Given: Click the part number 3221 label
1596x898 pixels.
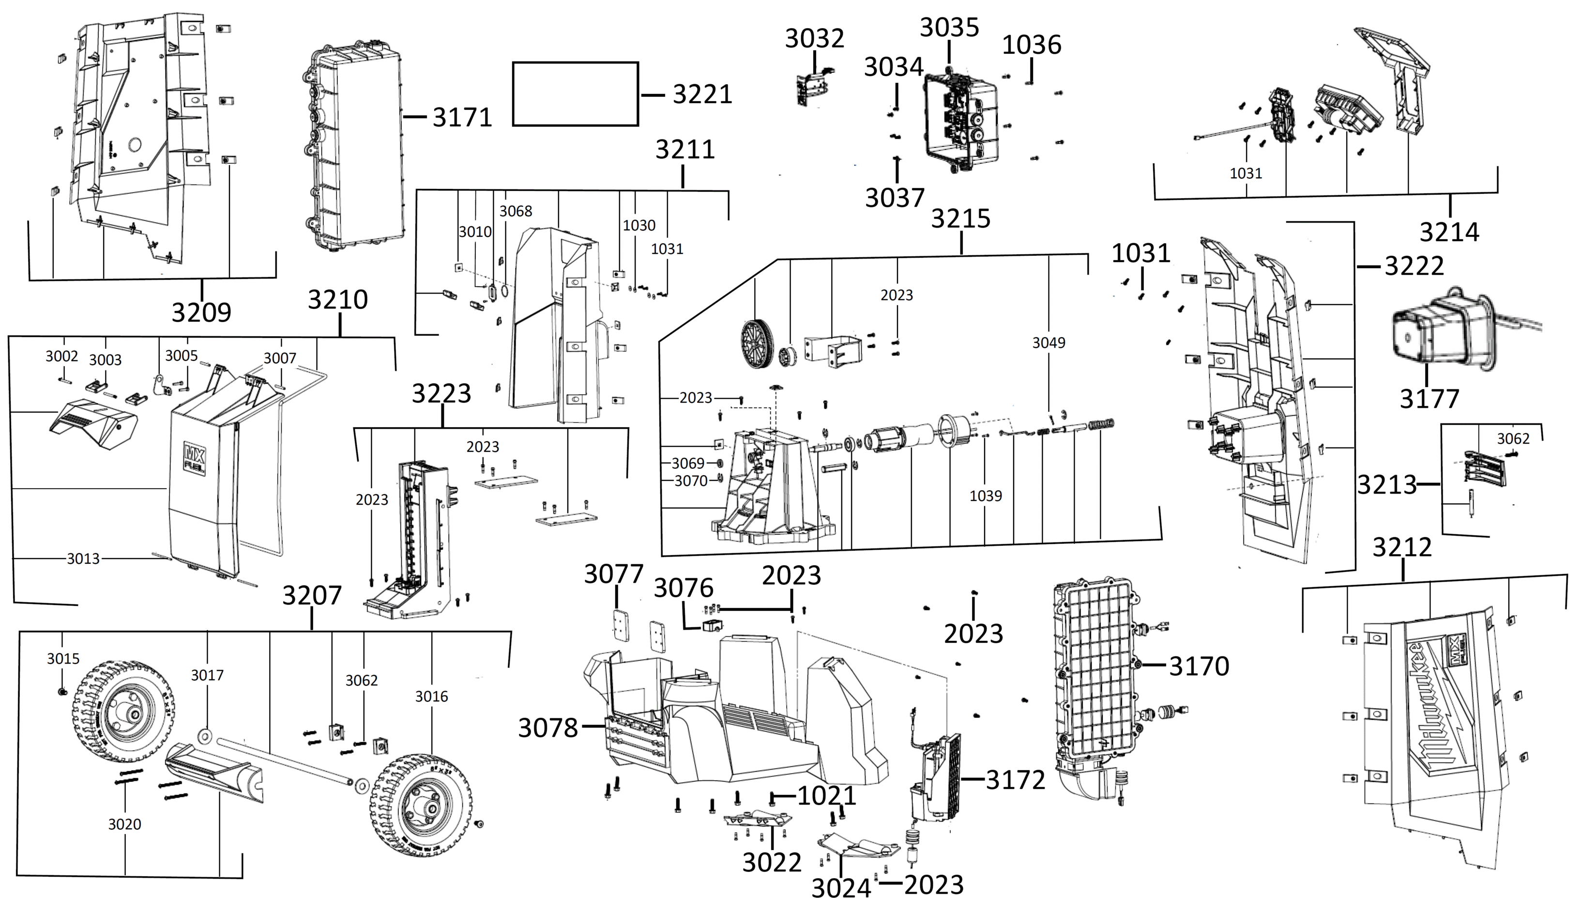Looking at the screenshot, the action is coord(702,95).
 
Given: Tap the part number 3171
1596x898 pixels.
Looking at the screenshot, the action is coord(462,117).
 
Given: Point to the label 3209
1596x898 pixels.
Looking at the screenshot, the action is coord(201,312).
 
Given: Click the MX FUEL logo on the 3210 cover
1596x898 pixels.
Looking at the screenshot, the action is coord(193,457).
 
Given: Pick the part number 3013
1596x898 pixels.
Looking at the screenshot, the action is coord(83,559).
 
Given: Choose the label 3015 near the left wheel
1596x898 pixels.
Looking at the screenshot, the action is coord(63,659).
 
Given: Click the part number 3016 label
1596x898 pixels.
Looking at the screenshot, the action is coord(431,697).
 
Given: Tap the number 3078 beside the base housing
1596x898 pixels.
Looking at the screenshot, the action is coord(547,728).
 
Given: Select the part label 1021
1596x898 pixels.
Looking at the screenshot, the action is coord(826,796).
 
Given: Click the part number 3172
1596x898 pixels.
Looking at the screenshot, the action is coord(1016,780).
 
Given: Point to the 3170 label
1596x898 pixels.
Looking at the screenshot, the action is coord(1199,666).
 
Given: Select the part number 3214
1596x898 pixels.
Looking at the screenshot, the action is coord(1449,232).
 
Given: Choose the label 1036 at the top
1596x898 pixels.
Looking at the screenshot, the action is coord(1032,45).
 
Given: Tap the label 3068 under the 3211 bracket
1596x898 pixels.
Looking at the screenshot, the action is coord(516,211).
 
